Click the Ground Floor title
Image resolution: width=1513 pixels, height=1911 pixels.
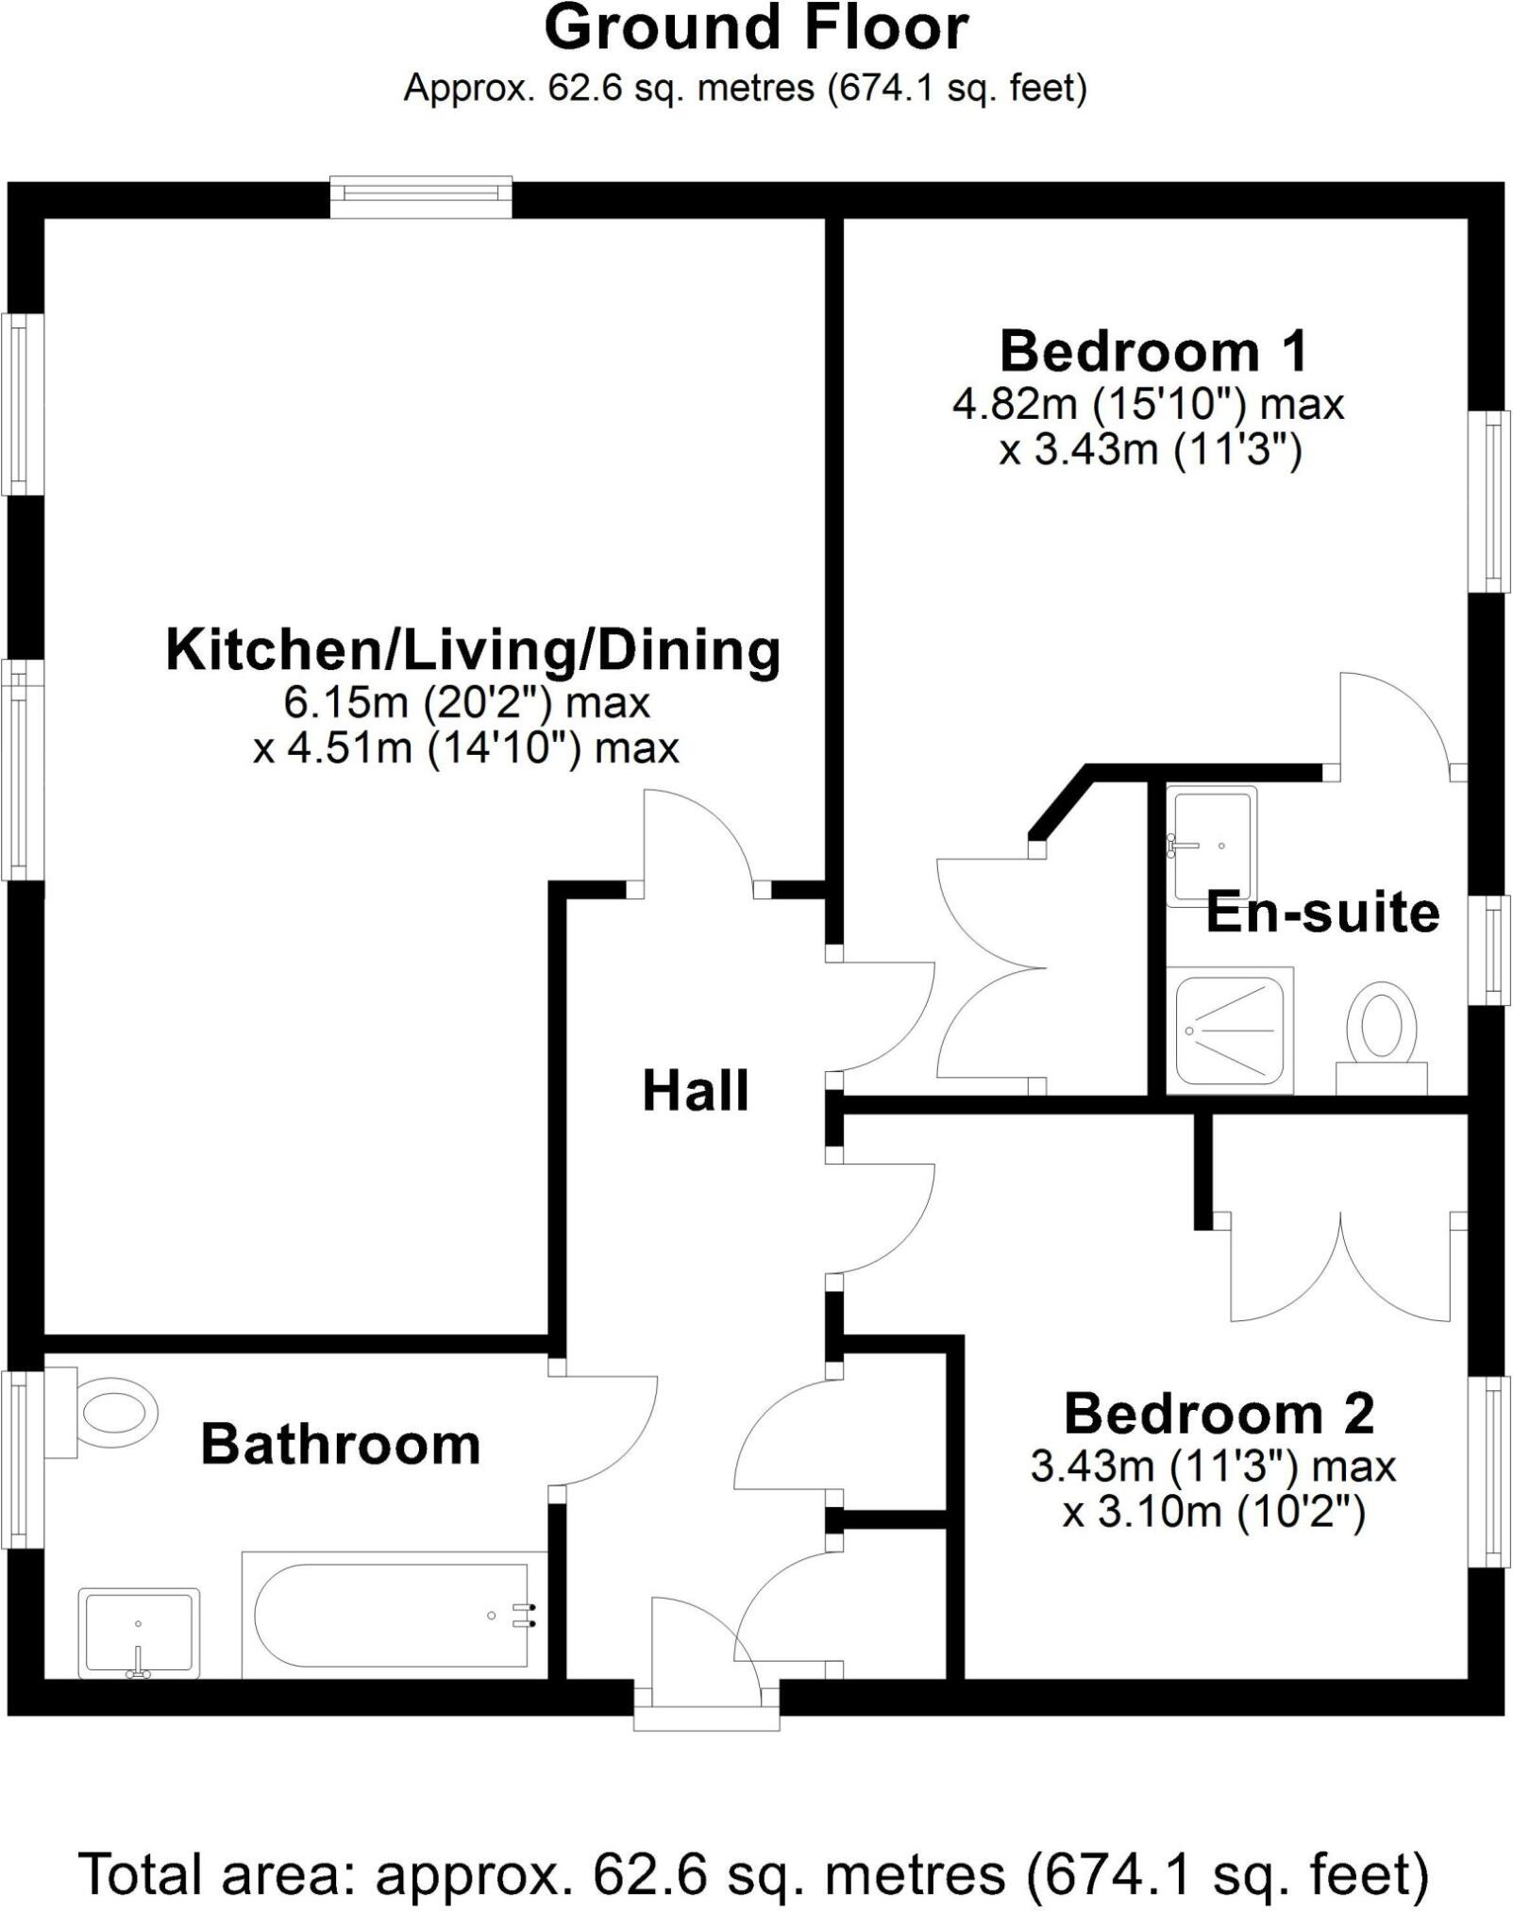pyautogui.click(x=756, y=28)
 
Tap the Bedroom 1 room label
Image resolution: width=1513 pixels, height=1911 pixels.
pyautogui.click(x=1153, y=352)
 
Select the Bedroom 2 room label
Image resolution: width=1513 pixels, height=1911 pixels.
pyautogui.click(x=1219, y=1414)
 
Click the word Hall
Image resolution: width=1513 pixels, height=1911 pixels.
pyautogui.click(x=696, y=1091)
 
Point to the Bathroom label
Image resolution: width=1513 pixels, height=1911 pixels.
pyautogui.click(x=341, y=1445)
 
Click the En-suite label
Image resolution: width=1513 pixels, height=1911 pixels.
pyautogui.click(x=1322, y=913)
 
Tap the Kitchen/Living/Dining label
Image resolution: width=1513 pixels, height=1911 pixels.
pyautogui.click(x=473, y=651)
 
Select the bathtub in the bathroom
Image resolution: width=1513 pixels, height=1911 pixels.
pyautogui.click(x=395, y=1615)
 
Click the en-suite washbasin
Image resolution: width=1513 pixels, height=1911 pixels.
pyautogui.click(x=1212, y=846)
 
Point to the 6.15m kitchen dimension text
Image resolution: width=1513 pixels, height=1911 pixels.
pyautogui.click(x=467, y=703)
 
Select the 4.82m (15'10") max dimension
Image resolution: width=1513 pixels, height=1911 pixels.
pyautogui.click(x=1148, y=405)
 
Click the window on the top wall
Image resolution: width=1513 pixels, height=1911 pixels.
pyautogui.click(x=421, y=196)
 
